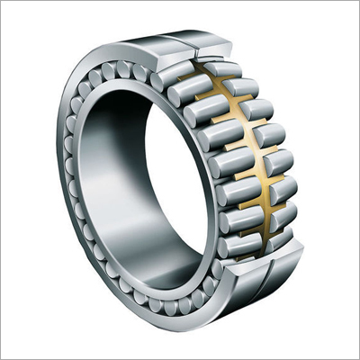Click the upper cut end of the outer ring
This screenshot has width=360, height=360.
216,49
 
